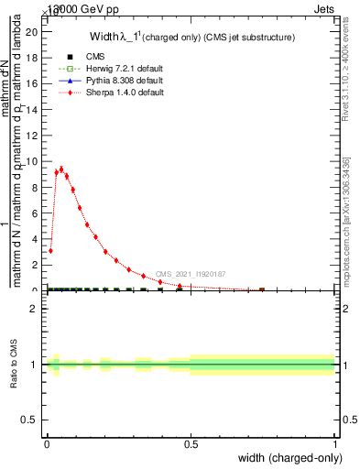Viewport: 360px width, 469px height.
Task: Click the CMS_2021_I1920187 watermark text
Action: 190,274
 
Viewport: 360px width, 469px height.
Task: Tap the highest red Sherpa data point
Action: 61,169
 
